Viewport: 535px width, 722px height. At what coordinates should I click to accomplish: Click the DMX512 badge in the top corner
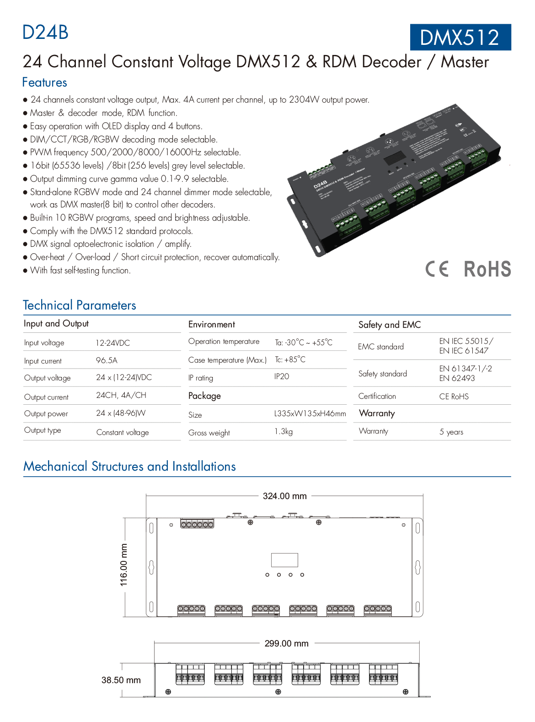(460, 38)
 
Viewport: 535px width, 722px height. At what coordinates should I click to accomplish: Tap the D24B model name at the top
(45, 33)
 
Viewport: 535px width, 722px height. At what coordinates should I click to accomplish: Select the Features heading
(45, 82)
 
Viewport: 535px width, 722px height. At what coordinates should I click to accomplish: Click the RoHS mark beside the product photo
(487, 269)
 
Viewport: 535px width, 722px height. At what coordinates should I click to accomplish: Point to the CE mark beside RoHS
(437, 269)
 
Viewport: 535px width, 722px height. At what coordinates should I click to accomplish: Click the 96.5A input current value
(107, 360)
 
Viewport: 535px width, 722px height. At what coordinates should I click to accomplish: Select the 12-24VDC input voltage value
(112, 343)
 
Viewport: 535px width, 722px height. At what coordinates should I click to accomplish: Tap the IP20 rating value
(282, 376)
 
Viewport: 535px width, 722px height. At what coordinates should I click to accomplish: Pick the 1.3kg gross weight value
(284, 432)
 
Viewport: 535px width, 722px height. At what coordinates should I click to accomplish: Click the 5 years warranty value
(451, 432)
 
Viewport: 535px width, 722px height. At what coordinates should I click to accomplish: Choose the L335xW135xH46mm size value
(310, 414)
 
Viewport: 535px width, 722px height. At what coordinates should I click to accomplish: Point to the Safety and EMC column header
(390, 325)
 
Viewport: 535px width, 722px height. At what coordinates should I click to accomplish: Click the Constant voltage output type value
(123, 432)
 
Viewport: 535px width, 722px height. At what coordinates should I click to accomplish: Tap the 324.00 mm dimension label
(284, 496)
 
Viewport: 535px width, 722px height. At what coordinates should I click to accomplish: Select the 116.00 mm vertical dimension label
(124, 565)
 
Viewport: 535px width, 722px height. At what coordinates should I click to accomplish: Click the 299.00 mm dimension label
(286, 643)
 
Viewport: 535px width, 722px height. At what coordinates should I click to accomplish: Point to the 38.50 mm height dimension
(121, 680)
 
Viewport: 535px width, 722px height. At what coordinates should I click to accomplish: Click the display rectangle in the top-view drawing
(284, 560)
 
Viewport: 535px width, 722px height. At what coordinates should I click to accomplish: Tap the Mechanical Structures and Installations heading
(129, 466)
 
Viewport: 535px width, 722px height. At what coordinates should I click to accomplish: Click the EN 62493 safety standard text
(457, 378)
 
